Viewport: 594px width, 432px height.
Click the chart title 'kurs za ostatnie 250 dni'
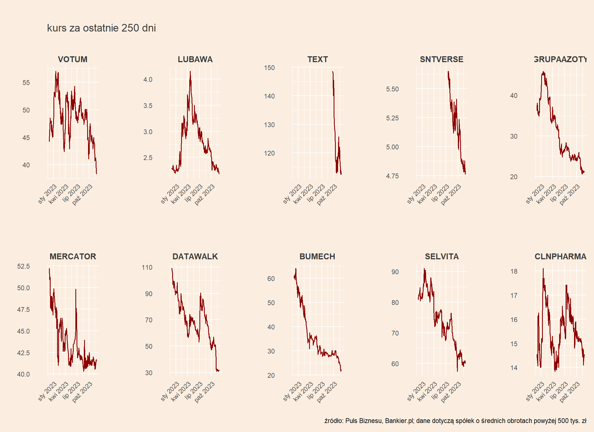[101, 28]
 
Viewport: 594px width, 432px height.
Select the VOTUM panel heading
[73, 59]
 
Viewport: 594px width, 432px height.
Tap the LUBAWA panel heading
[195, 59]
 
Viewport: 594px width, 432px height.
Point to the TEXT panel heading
[318, 59]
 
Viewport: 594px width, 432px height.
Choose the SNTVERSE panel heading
[442, 59]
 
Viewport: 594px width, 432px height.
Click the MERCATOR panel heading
[73, 256]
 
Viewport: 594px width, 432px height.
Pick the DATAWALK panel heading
[195, 256]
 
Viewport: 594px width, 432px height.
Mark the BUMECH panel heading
[317, 256]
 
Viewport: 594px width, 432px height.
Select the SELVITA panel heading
[442, 256]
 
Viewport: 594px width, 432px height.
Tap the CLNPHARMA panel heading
[561, 256]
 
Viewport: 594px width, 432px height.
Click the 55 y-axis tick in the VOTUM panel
[26, 83]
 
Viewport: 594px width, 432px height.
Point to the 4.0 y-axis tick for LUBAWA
[148, 80]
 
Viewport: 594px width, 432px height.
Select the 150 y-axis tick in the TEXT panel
[269, 68]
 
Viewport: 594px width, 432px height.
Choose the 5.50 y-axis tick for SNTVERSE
[392, 89]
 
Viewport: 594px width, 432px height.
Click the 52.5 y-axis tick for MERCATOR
[23, 266]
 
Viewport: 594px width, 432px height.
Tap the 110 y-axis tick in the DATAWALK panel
[147, 267]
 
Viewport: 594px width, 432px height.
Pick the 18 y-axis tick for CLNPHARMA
[514, 271]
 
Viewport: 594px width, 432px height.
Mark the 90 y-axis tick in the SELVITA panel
[395, 272]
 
